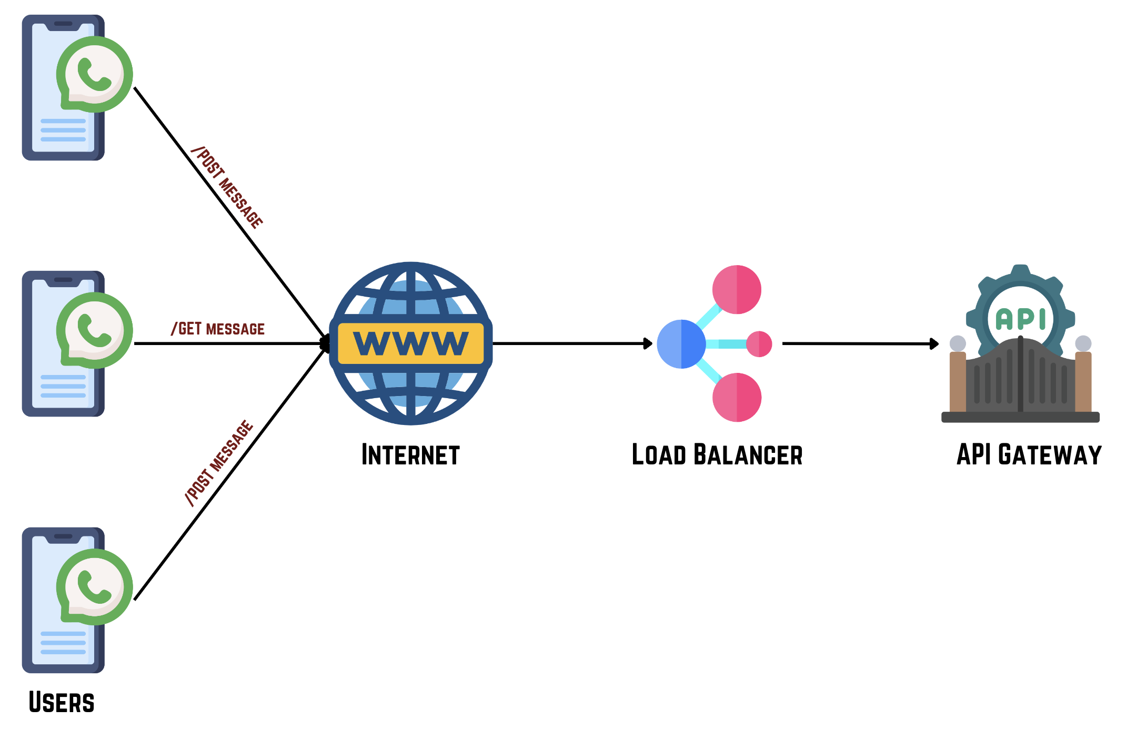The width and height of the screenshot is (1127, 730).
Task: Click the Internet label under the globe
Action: [410, 455]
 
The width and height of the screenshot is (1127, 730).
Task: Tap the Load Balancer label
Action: [717, 455]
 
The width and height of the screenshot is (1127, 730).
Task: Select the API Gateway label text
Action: [1029, 455]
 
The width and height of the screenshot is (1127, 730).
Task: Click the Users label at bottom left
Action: [62, 703]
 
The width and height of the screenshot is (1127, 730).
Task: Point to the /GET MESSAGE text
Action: [218, 329]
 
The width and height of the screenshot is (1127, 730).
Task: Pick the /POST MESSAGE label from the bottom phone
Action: [219, 463]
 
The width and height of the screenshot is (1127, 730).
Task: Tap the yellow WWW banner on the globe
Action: [410, 343]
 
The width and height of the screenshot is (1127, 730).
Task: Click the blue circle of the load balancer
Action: [681, 344]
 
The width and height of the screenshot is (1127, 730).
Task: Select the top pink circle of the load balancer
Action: [737, 290]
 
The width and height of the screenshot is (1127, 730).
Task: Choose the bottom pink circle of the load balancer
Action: [737, 398]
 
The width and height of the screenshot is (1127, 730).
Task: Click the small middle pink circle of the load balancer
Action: [759, 344]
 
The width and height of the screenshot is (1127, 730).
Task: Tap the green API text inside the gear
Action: [1021, 319]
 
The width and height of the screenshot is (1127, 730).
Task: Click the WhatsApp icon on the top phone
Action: [95, 74]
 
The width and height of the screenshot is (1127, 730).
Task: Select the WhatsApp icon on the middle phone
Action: [95, 330]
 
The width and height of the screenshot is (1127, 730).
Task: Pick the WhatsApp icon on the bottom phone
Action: [95, 587]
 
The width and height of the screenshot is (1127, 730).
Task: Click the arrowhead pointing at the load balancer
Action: [648, 344]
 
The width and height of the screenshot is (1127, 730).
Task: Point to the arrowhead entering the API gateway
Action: [934, 344]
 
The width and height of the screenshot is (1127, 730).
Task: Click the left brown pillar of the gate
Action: [958, 381]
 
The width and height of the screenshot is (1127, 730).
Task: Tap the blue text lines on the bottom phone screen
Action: [63, 643]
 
